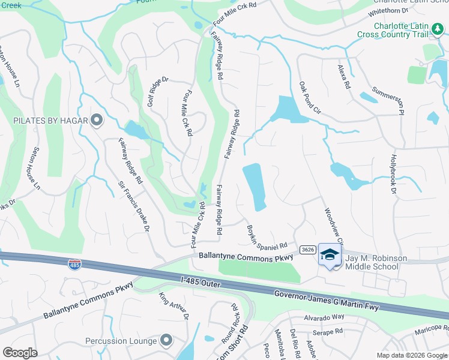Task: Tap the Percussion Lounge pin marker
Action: [x=166, y=341]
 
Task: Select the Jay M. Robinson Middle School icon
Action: [x=329, y=255]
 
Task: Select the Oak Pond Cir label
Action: [x=310, y=98]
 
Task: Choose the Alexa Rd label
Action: [x=343, y=77]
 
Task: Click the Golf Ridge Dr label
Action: [x=158, y=95]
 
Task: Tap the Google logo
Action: [x=20, y=353]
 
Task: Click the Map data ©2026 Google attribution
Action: [x=411, y=355]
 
